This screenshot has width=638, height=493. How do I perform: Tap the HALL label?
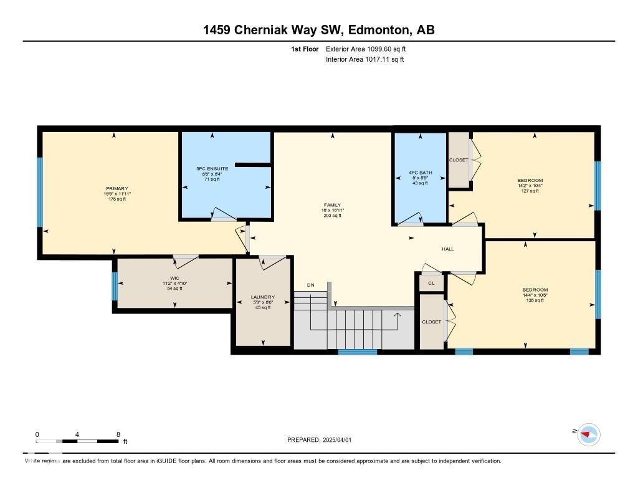pyautogui.click(x=448, y=249)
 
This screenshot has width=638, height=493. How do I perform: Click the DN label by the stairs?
pyautogui.click(x=311, y=285)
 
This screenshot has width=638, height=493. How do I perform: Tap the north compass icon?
pyautogui.click(x=588, y=434)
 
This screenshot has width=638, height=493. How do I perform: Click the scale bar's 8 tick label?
pyautogui.click(x=118, y=434)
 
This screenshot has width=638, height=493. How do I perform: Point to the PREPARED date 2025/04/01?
pyautogui.click(x=319, y=440)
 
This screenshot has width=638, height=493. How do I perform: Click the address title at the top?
pyautogui.click(x=319, y=30)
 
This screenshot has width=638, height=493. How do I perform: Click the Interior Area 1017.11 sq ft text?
pyautogui.click(x=364, y=59)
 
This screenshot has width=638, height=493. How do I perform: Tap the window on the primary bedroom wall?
pyautogui.click(x=40, y=192)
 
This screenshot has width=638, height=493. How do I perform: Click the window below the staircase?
pyautogui.click(x=357, y=352)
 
